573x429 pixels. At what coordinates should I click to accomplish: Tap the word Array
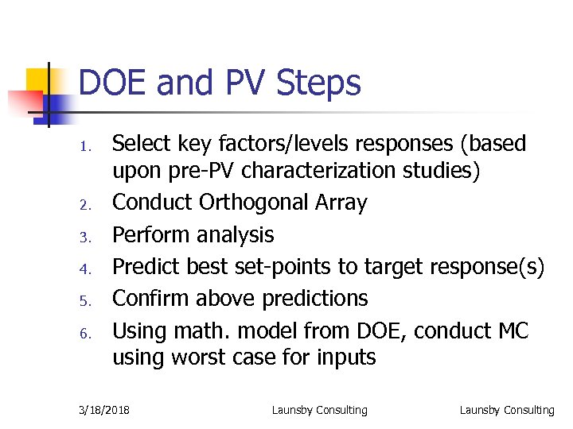coord(341,203)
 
